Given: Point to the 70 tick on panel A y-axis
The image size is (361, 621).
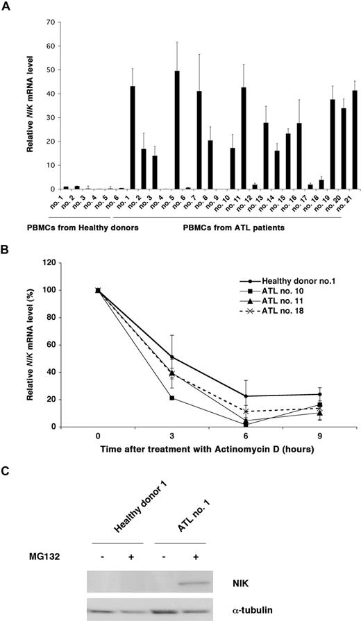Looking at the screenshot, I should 51,23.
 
